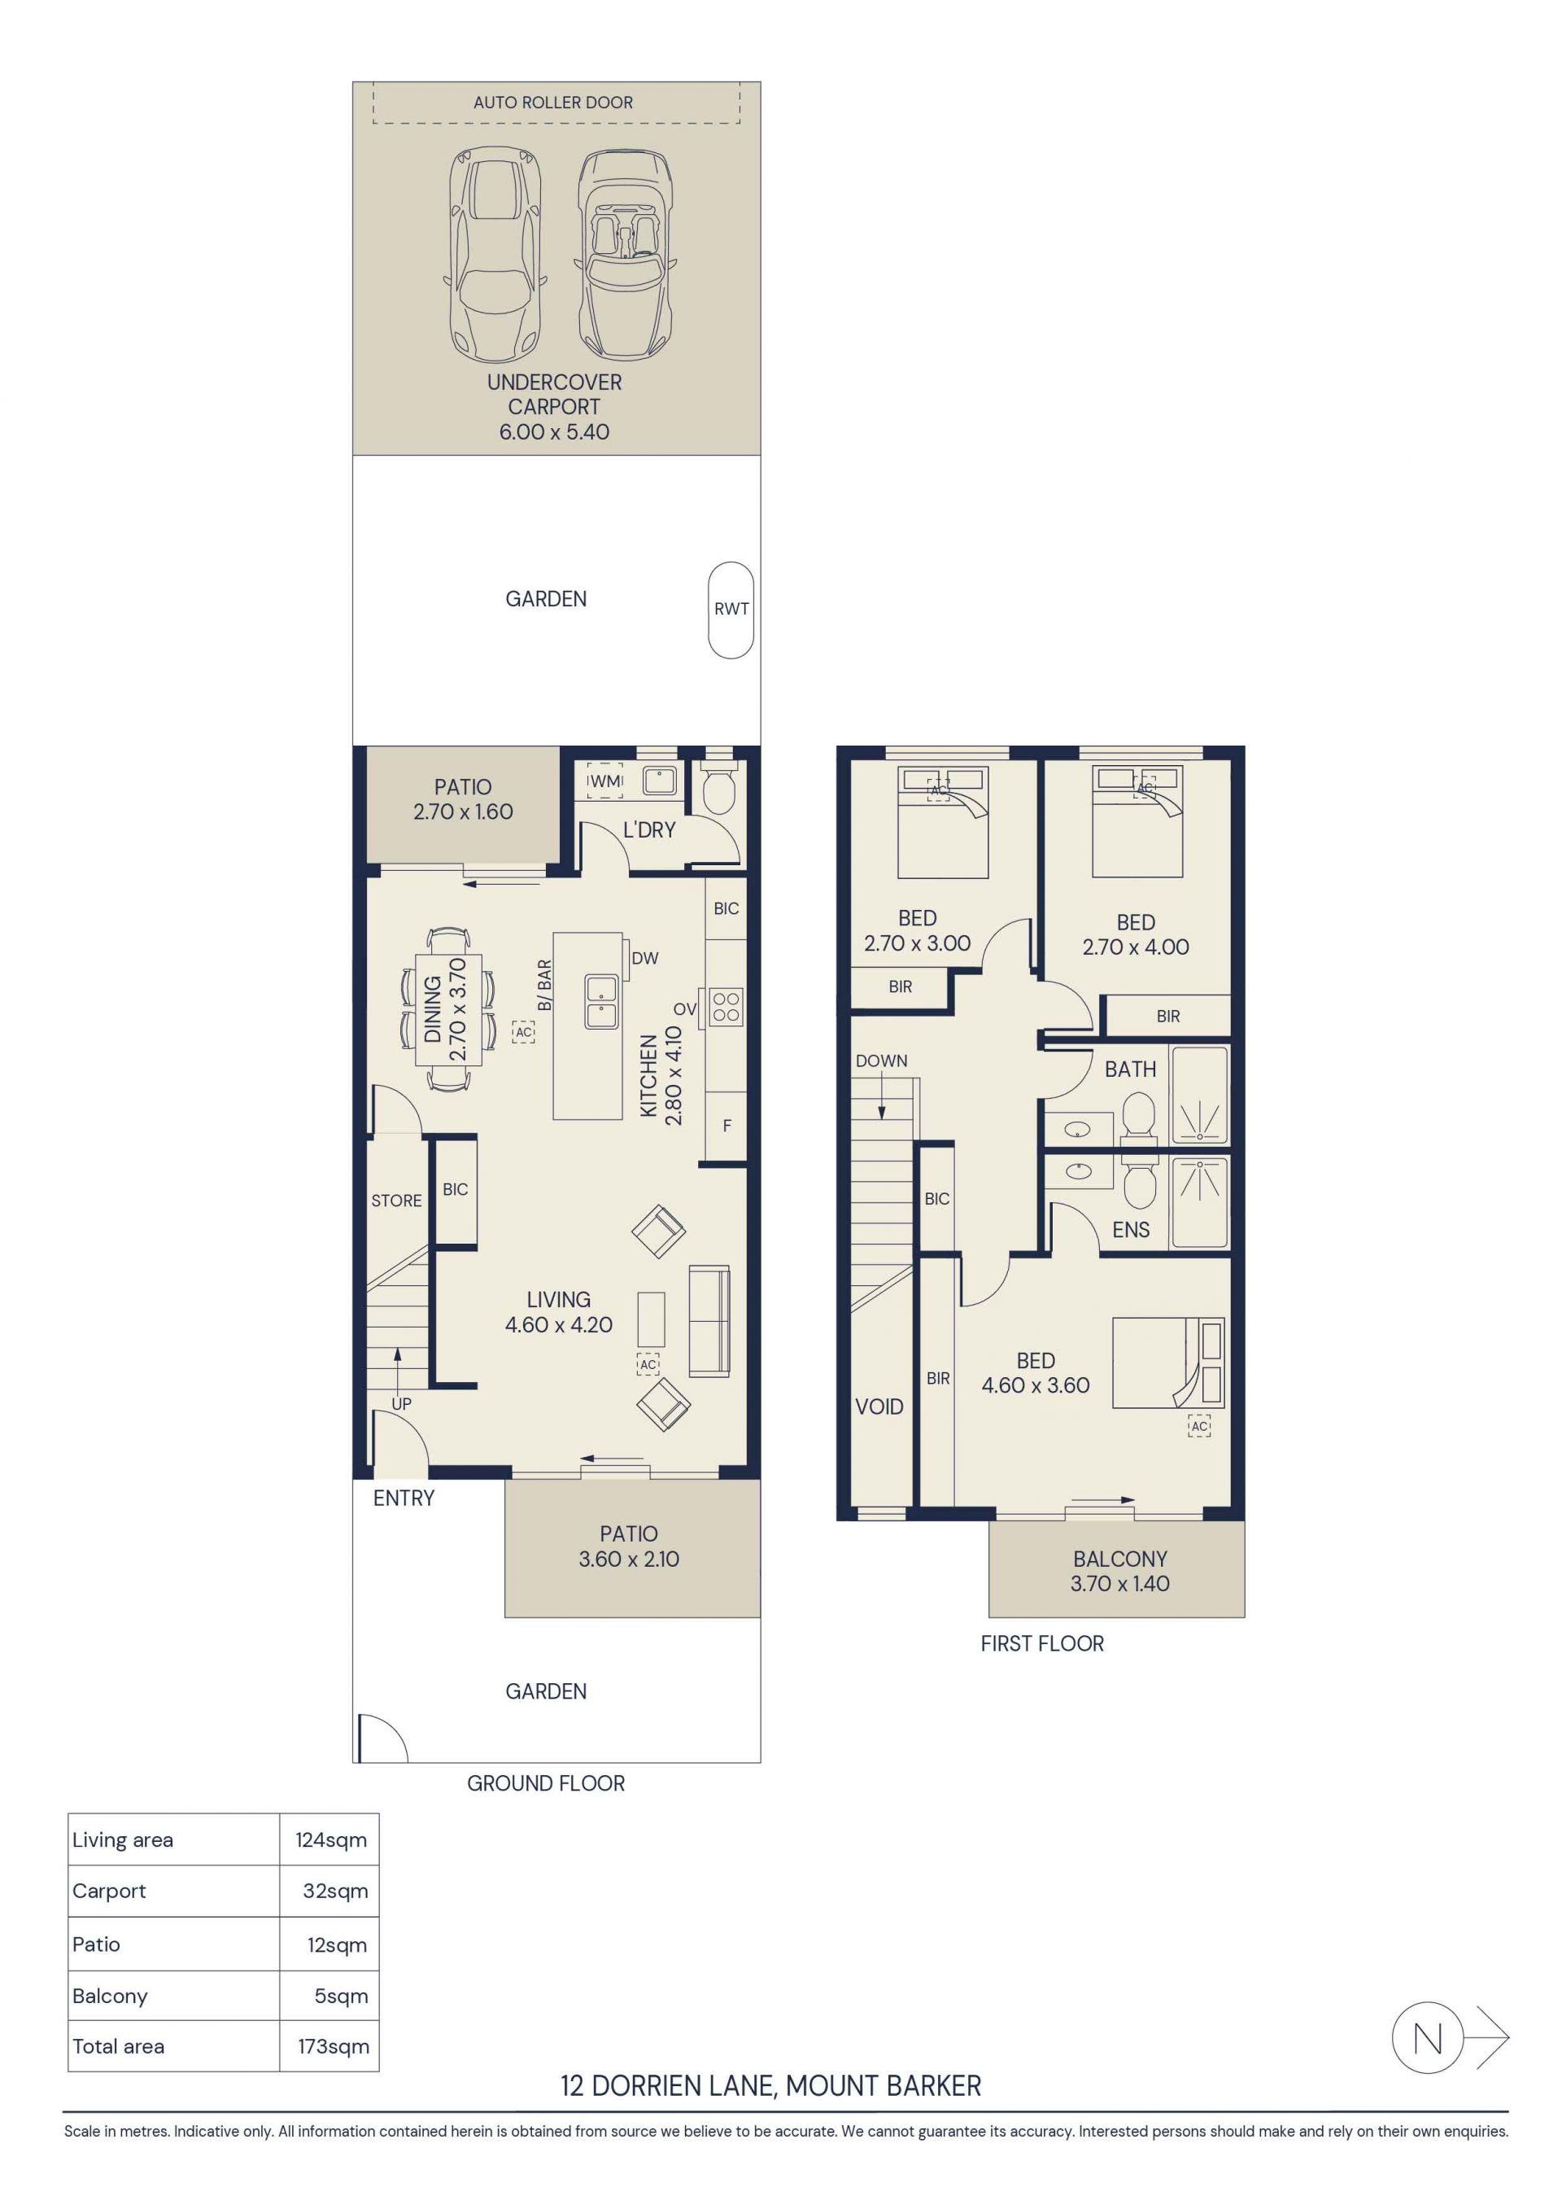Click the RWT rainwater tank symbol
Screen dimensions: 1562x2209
731,610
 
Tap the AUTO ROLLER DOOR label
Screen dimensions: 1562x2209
553,102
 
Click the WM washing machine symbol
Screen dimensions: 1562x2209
605,781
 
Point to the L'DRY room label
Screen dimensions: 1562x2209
649,829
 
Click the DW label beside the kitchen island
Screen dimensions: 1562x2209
645,957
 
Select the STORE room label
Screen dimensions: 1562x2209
396,1201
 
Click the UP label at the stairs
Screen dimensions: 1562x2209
401,1404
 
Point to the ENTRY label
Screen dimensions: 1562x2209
404,1498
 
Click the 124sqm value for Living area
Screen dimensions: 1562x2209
331,1839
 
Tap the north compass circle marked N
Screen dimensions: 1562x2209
1427,2038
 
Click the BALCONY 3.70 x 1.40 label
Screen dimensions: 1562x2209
1120,1571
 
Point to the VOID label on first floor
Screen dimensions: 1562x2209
879,1406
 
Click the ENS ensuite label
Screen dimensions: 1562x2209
1131,1230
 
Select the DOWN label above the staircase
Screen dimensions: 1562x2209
881,1061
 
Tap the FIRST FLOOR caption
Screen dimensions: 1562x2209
1043,1643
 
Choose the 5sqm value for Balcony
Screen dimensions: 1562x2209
342,1997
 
